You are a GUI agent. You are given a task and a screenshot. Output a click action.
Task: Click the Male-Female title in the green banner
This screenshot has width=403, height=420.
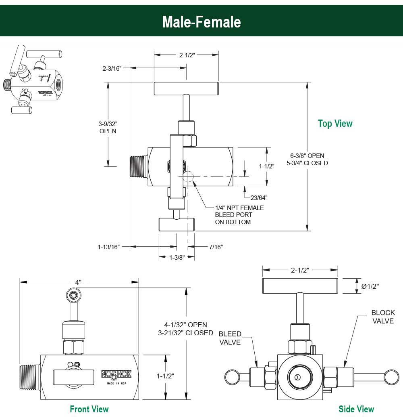tap(201, 21)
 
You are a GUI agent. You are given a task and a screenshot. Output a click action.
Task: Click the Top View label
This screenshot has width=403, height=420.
tap(335, 124)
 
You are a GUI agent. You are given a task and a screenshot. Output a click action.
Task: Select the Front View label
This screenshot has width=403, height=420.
tap(89, 409)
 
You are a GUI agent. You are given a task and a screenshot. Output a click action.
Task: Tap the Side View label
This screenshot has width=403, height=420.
tap(356, 409)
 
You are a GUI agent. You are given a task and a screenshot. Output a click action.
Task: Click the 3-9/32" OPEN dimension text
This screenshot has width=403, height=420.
tap(108, 127)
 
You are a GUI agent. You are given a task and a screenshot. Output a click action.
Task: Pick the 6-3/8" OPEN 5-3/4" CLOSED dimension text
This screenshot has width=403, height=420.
tap(307, 159)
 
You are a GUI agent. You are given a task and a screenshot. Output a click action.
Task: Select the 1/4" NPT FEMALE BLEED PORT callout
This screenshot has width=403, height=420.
tap(239, 215)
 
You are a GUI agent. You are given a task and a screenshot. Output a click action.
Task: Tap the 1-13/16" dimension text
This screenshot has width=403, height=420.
tap(108, 247)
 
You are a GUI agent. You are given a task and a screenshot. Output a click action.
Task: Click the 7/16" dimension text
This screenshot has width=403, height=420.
tap(216, 247)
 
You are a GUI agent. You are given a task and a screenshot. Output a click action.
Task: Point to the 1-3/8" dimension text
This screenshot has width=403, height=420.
tap(177, 257)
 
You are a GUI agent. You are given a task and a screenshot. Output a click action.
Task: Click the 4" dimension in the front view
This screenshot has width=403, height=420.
tap(79, 282)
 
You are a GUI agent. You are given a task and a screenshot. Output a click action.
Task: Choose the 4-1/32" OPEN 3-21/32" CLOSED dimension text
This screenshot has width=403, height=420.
tap(185, 329)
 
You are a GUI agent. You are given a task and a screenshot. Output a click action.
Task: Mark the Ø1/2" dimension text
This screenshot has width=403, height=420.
tap(370, 286)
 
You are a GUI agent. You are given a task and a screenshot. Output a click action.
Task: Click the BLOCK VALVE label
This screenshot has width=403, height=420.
tap(383, 317)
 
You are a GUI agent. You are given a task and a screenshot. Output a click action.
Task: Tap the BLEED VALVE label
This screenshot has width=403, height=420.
tap(230, 338)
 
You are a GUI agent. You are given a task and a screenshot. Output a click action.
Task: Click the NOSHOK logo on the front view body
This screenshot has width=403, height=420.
tap(114, 374)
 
